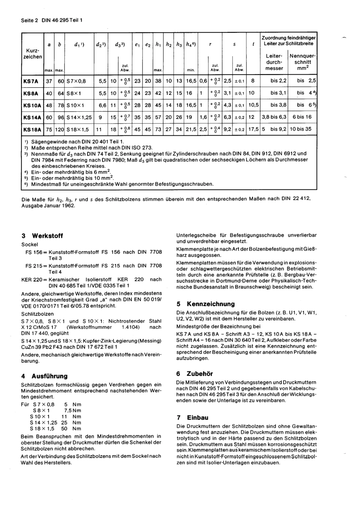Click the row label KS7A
31,81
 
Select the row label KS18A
32,130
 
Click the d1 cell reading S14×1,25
79,117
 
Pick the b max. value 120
60,130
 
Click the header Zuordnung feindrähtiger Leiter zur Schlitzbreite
289,41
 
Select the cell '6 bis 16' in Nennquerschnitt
302,117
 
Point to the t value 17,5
253,130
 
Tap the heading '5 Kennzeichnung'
205,304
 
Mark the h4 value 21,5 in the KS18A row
191,130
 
